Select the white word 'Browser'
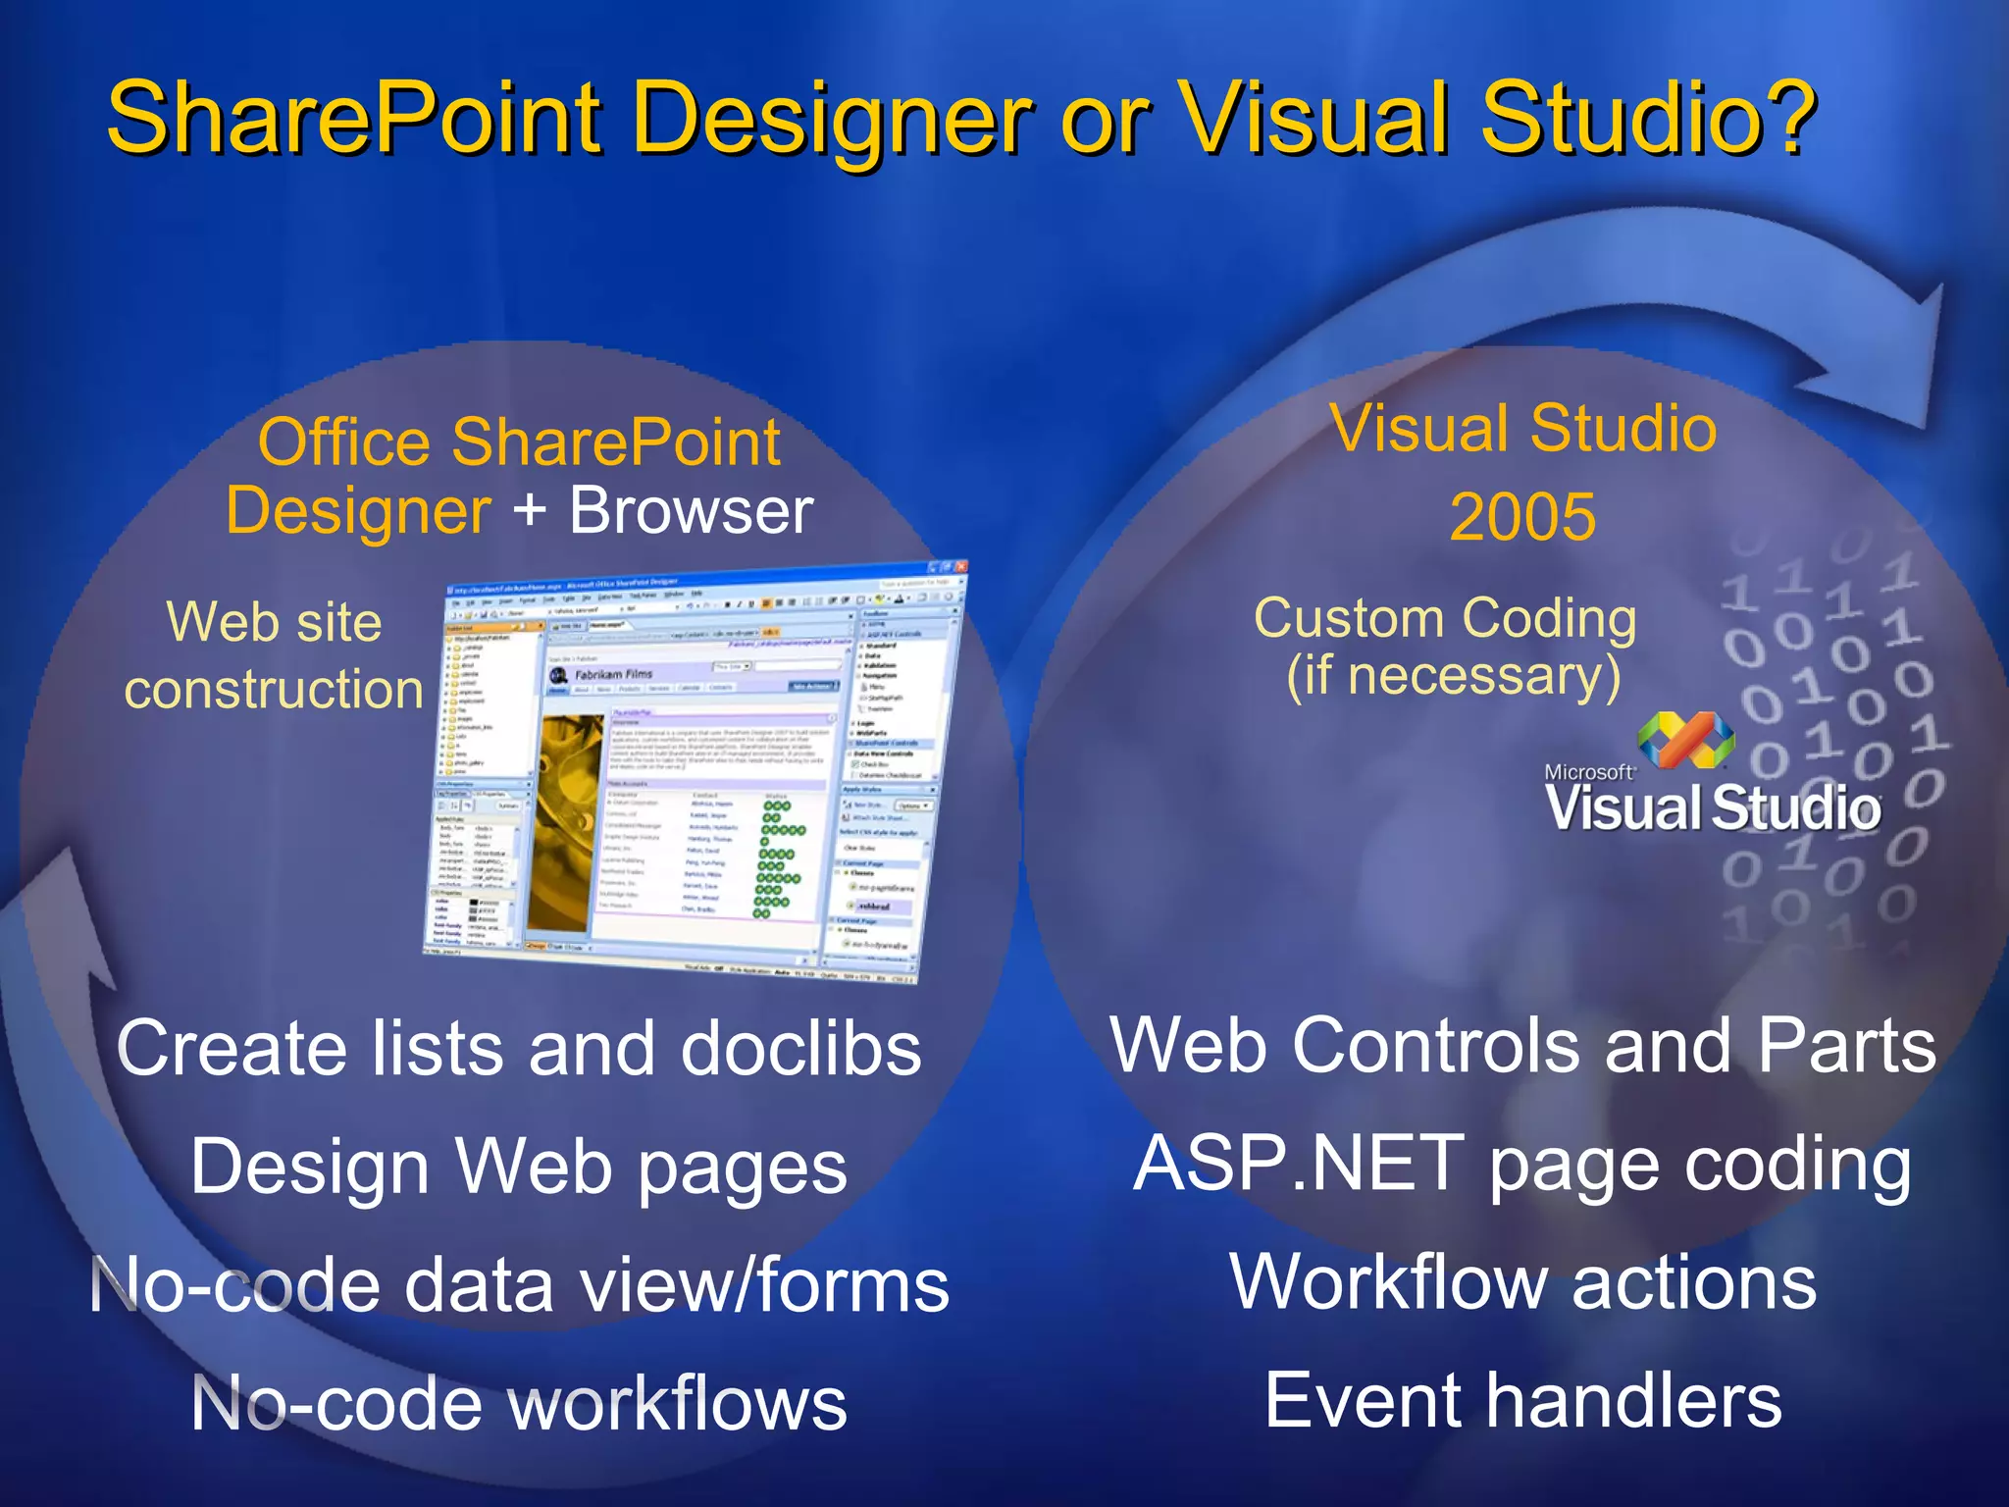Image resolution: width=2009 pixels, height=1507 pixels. click(692, 511)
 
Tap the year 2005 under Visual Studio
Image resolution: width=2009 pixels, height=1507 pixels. click(1522, 517)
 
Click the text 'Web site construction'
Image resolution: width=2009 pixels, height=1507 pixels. click(274, 655)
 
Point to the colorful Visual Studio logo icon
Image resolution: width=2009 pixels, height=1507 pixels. click(1685, 741)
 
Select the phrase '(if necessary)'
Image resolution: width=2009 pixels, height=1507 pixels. click(1454, 677)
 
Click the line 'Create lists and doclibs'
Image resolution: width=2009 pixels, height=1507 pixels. click(519, 1048)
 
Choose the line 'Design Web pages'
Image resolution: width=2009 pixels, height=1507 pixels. click(519, 1167)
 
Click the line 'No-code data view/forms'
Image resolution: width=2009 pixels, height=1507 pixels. click(519, 1285)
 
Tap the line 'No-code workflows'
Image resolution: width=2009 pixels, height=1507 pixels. click(519, 1404)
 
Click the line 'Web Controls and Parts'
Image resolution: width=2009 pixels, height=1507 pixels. click(1522, 1046)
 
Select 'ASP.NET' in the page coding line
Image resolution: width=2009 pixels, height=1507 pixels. click(1300, 1165)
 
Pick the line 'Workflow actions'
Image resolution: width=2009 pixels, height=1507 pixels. click(1522, 1282)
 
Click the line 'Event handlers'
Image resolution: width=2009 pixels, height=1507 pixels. click(1522, 1401)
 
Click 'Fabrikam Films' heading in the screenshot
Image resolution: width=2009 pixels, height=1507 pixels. click(613, 675)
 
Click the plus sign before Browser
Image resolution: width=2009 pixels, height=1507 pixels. click(529, 511)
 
